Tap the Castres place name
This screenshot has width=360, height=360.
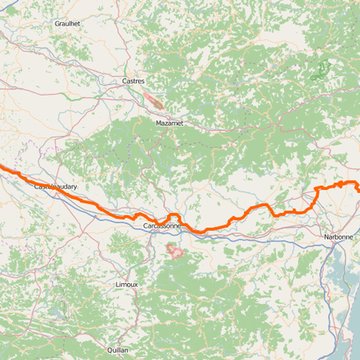[x=133, y=81]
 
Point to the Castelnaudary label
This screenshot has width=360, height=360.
[x=55, y=186]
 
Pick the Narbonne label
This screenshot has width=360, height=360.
[x=338, y=237]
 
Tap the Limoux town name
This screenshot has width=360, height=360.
[x=126, y=284]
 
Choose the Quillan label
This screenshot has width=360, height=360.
[x=118, y=350]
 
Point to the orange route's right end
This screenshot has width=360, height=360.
[x=358, y=188]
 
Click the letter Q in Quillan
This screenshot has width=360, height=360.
[x=108, y=350]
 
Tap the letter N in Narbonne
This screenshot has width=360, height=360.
[x=324, y=237]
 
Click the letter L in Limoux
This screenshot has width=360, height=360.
[x=116, y=284]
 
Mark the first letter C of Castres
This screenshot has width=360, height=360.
[x=123, y=81]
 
